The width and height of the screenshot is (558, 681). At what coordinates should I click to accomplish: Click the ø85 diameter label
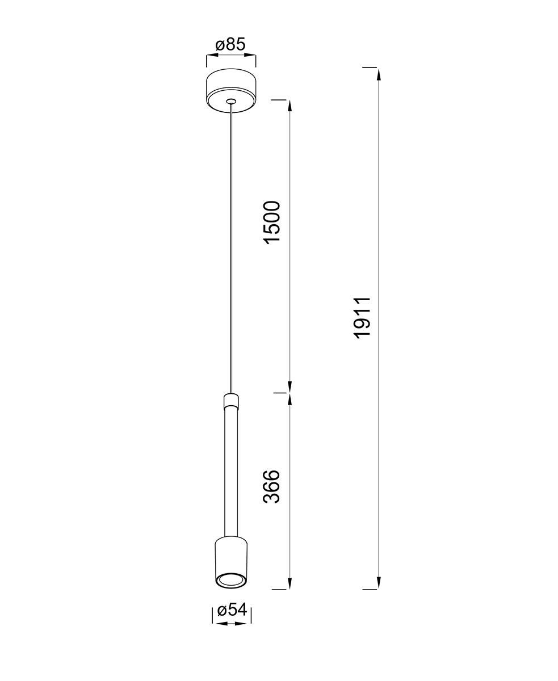[x=230, y=45]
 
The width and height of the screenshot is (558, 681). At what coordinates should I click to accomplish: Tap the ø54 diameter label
[x=232, y=610]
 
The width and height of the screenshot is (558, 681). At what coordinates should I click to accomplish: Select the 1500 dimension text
[x=272, y=222]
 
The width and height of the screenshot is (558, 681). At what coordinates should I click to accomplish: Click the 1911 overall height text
[x=362, y=318]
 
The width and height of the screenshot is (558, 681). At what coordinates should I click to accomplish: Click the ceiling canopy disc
[x=231, y=91]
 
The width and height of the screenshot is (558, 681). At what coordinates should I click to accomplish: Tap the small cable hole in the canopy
[x=231, y=102]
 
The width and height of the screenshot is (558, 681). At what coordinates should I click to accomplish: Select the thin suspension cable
[x=231, y=249]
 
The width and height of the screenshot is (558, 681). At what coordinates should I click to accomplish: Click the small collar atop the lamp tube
[x=231, y=401]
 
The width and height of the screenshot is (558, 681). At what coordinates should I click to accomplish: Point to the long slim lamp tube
[x=231, y=473]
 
